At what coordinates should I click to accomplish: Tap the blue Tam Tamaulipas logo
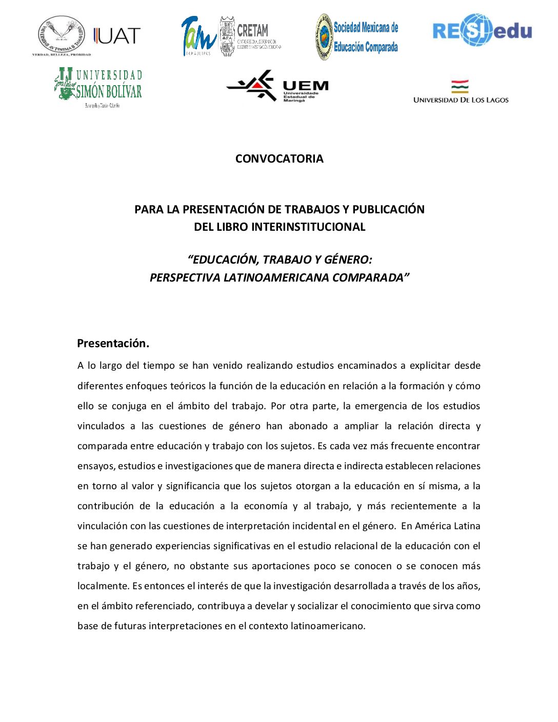click(198, 35)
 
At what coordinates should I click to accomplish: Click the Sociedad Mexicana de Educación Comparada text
click(366, 37)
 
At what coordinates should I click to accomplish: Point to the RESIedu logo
click(482, 31)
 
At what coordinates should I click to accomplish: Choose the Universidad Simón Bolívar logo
click(98, 86)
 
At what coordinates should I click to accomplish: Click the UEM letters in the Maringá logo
click(306, 86)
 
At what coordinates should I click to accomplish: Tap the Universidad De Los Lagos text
click(461, 100)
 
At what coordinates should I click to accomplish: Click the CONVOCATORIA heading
click(279, 159)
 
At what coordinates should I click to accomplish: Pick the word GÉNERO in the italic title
click(346, 260)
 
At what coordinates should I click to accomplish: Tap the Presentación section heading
click(113, 344)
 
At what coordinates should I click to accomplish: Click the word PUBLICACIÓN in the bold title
click(388, 209)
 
